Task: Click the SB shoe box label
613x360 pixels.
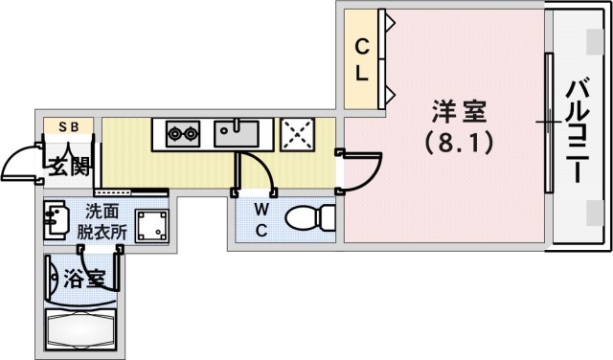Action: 69,125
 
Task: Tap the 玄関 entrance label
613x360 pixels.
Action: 69,167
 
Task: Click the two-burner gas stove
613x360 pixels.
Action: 180,133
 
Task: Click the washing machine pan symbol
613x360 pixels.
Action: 151,226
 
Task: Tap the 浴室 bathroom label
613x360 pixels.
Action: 83,281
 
